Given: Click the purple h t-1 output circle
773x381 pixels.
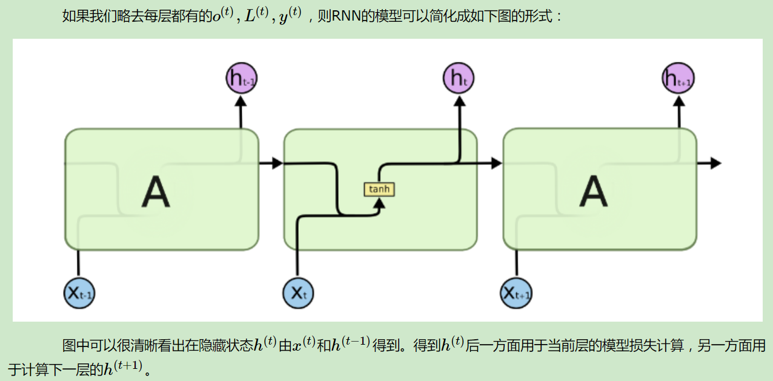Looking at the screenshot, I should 241,78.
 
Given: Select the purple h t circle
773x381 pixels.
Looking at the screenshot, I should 459,78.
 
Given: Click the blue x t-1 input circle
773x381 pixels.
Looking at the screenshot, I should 79,294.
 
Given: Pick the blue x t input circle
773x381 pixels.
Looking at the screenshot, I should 298,294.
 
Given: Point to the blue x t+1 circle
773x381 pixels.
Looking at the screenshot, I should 517,294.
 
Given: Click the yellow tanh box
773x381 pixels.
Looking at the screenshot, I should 379,190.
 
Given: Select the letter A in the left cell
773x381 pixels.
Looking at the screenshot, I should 156,192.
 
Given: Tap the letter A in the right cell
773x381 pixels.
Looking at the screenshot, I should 593,192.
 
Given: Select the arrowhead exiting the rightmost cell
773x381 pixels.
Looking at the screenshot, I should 715,163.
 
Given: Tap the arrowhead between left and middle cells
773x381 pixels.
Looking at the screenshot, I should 277,163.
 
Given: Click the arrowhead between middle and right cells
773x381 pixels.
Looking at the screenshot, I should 497,163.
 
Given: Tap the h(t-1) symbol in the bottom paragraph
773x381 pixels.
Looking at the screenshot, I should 350,345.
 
